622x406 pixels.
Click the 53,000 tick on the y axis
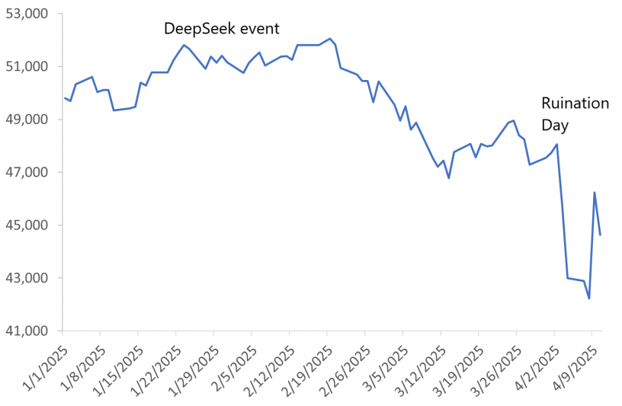[27, 14]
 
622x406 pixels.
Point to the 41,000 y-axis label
[27, 331]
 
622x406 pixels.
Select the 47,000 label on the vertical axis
[27, 172]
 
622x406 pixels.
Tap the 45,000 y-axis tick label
[27, 225]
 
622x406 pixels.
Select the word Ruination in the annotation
[576, 103]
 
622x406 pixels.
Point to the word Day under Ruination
[555, 123]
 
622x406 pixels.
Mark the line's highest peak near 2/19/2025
[330, 38]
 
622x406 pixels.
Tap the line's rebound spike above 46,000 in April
[594, 193]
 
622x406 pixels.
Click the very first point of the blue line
[65, 98]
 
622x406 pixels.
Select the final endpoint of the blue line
[600, 235]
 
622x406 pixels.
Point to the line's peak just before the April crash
[557, 144]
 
